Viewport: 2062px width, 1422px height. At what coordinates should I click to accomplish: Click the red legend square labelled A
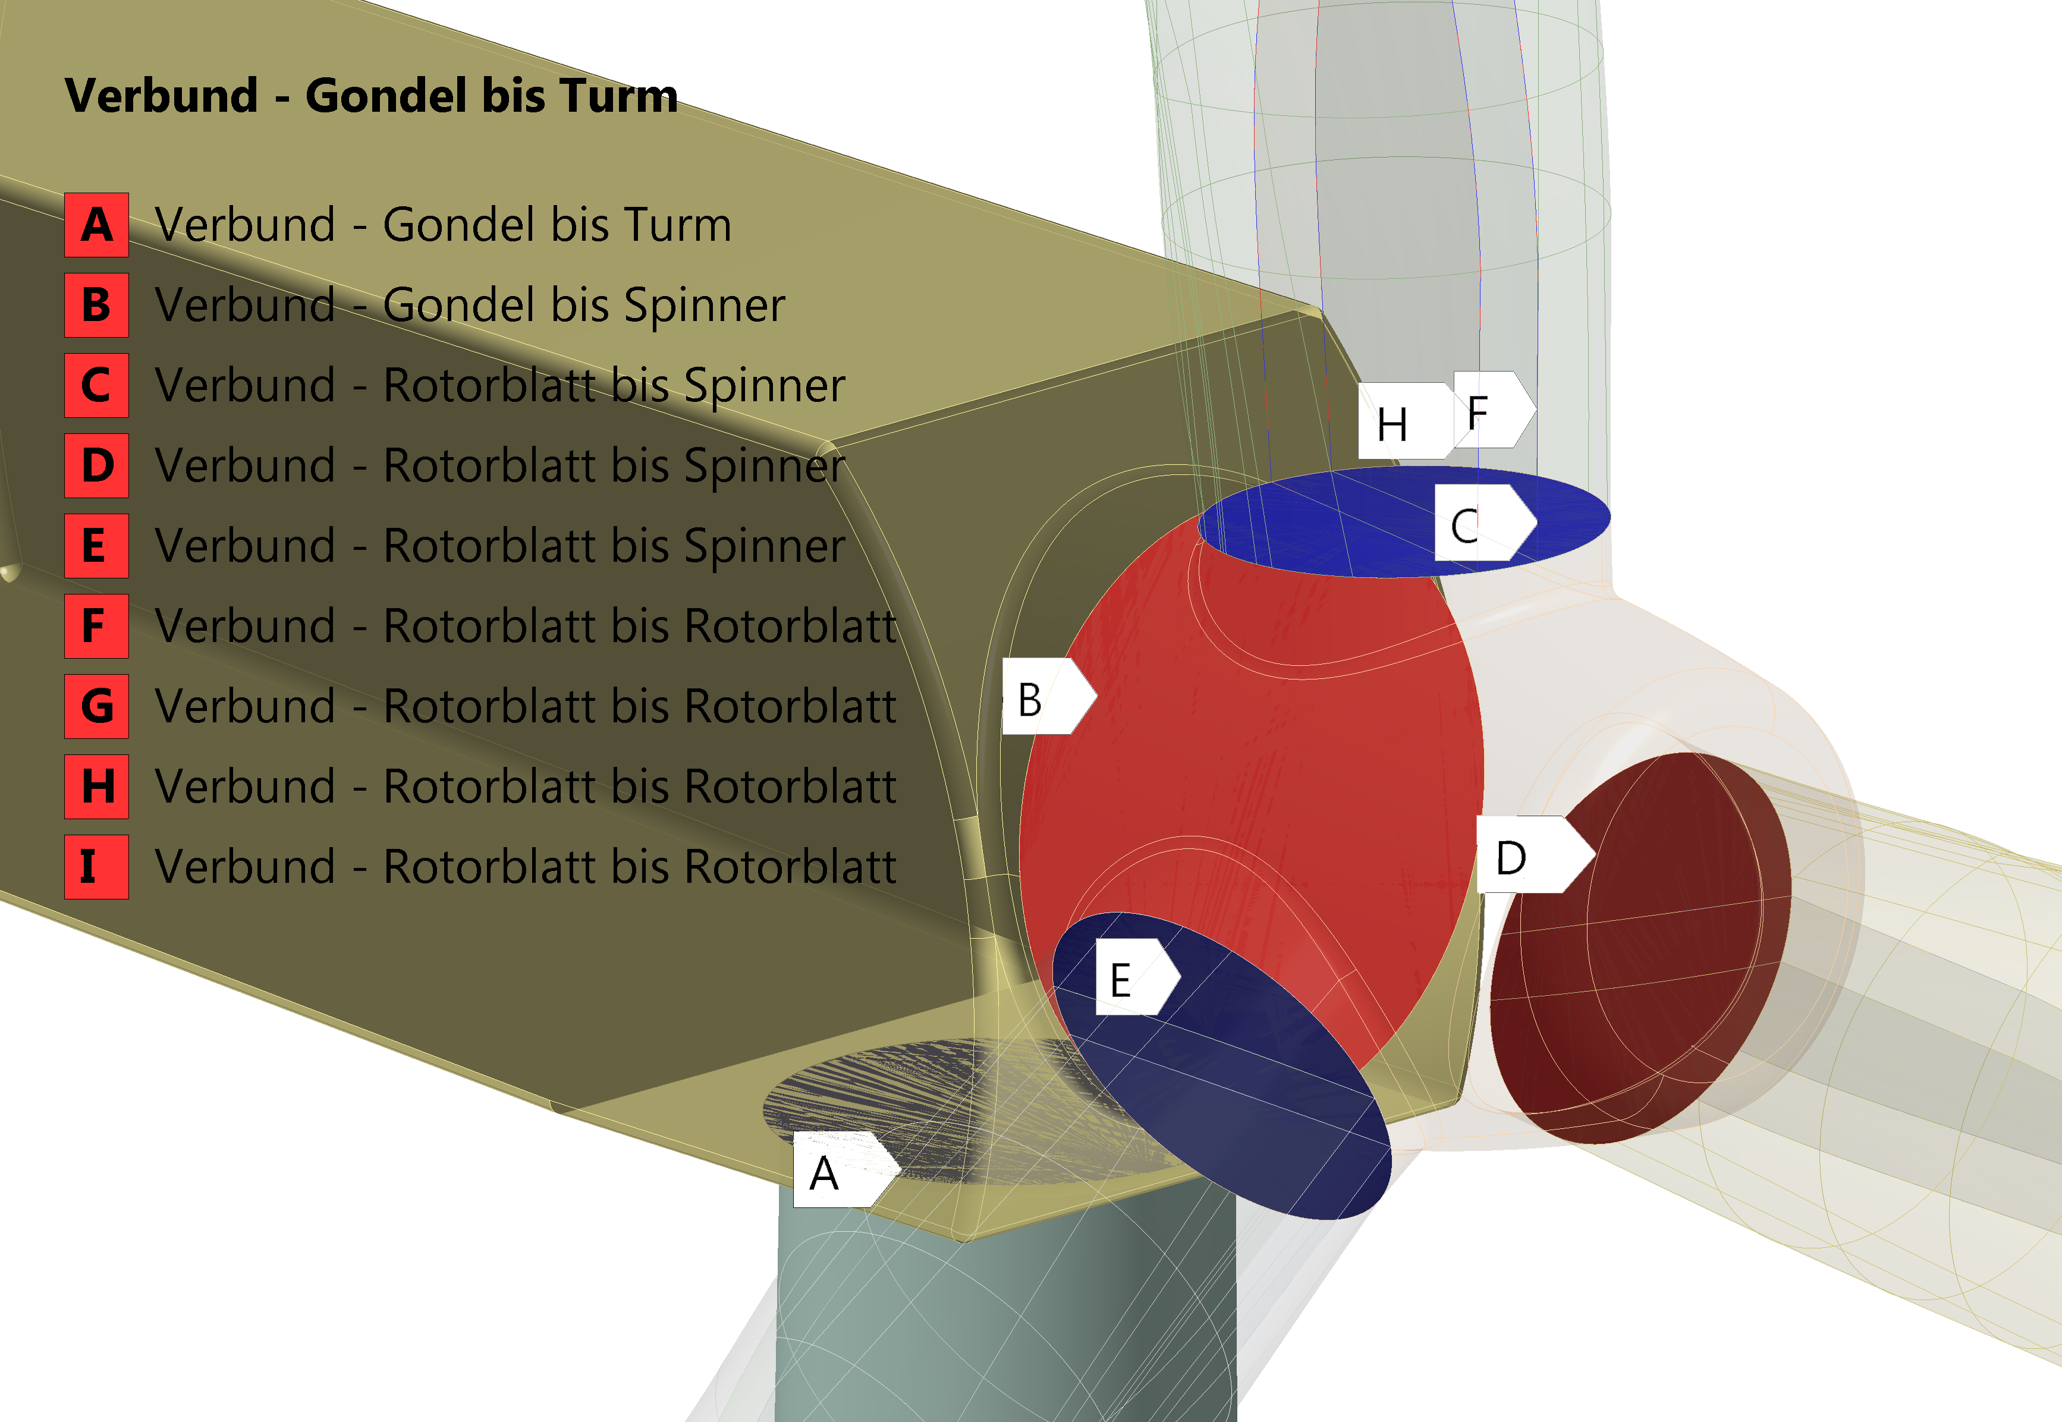[96, 225]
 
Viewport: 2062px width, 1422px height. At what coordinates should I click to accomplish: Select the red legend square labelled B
[96, 305]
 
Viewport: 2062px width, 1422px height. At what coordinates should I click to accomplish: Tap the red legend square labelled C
[96, 385]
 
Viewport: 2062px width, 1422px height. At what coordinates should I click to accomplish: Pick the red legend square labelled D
[96, 465]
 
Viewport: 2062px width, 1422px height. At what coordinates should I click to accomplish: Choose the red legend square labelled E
[96, 545]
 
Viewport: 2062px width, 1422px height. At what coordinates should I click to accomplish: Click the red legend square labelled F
[96, 625]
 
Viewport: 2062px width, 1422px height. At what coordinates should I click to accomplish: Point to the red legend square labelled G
[96, 706]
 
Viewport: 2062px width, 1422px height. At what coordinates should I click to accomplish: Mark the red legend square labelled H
[96, 786]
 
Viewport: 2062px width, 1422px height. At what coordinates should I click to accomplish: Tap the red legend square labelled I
[96, 866]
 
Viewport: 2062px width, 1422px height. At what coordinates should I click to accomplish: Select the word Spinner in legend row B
[704, 305]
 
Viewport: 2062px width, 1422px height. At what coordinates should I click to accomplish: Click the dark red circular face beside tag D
[1640, 949]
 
